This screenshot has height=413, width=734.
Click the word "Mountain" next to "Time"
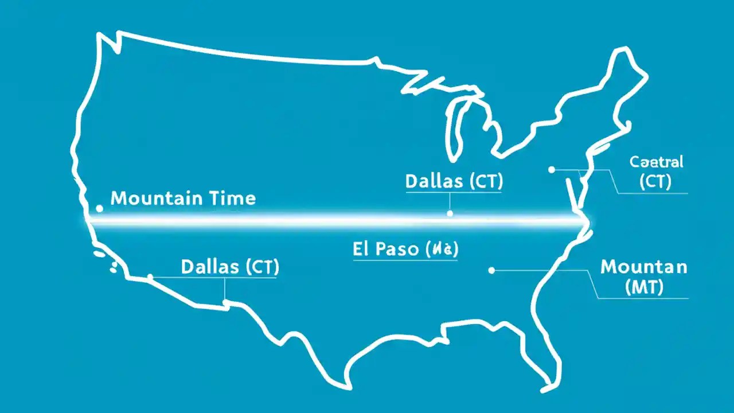tap(156, 198)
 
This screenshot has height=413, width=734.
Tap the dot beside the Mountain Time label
tap(99, 208)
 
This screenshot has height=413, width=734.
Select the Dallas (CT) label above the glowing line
tap(454, 181)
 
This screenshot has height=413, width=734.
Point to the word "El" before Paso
tap(363, 250)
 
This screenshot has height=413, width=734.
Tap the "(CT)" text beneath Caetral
tap(655, 182)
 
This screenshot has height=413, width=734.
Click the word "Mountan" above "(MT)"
tap(643, 267)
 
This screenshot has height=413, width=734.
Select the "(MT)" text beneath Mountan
tap(643, 287)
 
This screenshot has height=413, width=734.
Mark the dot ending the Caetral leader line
tap(551, 170)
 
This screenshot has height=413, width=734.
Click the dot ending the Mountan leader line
tap(491, 270)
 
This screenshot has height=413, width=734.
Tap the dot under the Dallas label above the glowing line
tap(450, 213)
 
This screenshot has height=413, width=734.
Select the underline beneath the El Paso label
tap(405, 262)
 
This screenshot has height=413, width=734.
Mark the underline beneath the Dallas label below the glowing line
tap(229, 278)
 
